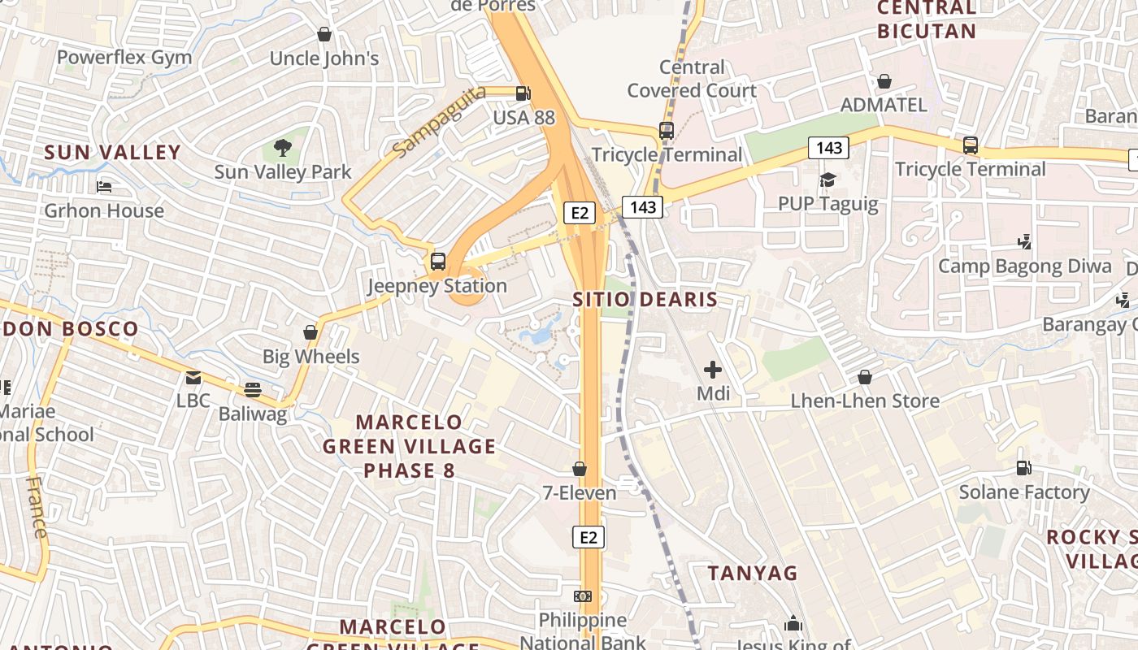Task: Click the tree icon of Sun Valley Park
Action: tap(282, 148)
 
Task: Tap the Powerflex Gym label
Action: tap(124, 58)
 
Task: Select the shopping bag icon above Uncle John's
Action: tap(324, 34)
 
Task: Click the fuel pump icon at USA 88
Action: tap(523, 93)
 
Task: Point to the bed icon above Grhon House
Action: tap(104, 187)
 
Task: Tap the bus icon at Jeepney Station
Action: tap(438, 262)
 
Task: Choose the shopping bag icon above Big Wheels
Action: tap(311, 332)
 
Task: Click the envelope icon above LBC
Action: tap(193, 377)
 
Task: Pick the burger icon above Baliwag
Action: tap(253, 390)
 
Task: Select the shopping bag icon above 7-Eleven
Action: tap(580, 469)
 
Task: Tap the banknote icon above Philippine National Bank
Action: tap(583, 596)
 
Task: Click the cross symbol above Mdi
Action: tap(713, 370)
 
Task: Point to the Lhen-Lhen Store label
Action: tap(865, 401)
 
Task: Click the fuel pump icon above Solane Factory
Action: tap(1024, 468)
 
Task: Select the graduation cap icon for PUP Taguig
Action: tap(827, 180)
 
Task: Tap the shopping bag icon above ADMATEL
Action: tap(884, 81)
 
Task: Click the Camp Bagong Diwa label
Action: tap(1025, 266)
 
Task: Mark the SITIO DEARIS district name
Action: tap(645, 299)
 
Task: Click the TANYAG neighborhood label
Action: tap(753, 573)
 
